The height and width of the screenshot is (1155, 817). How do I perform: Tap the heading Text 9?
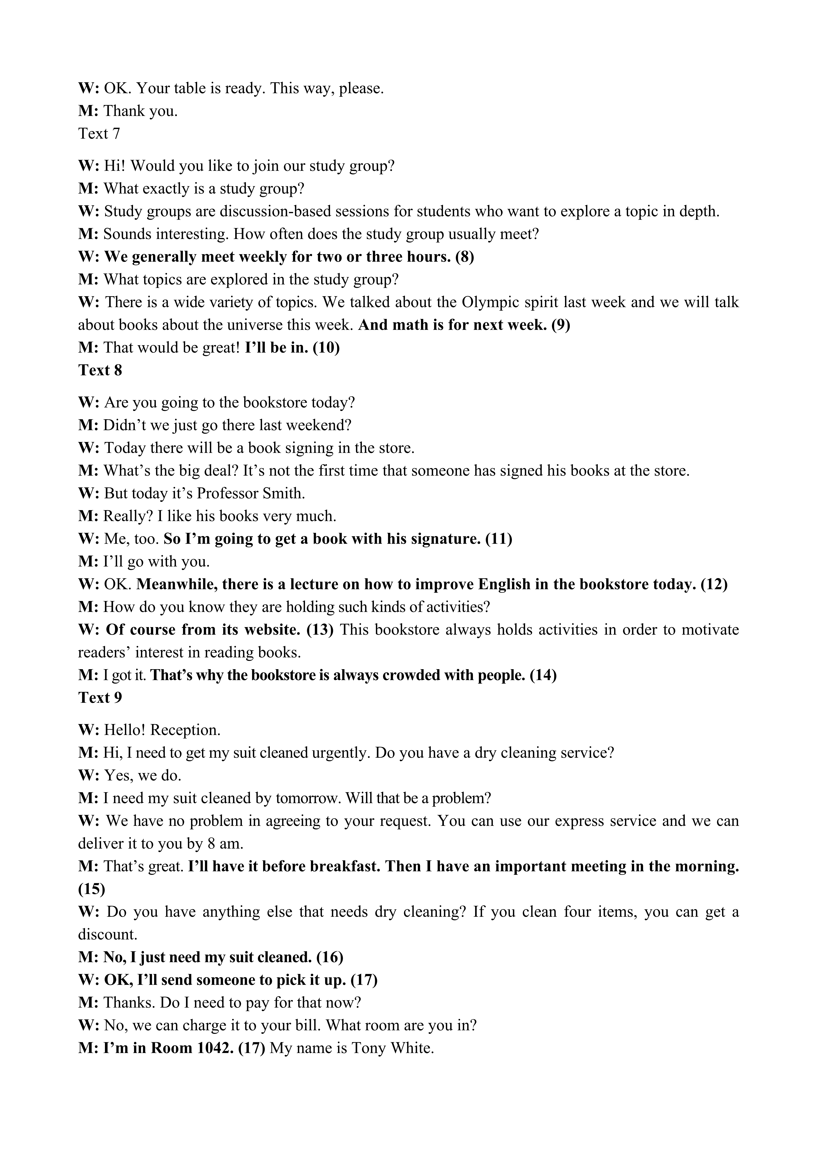[x=100, y=697]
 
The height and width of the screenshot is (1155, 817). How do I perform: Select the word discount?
[x=107, y=934]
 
